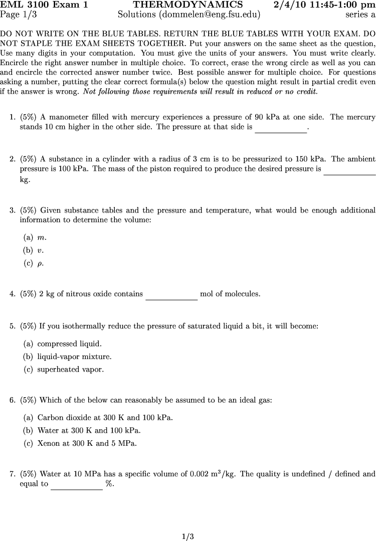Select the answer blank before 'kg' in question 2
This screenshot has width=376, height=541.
[349, 171]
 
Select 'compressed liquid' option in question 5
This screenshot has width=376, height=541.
[69, 344]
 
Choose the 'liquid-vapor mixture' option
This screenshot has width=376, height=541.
[74, 357]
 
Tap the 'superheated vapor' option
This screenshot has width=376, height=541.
[70, 370]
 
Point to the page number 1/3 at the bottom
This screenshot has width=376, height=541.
[187, 536]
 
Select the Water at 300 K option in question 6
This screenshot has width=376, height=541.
[89, 430]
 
